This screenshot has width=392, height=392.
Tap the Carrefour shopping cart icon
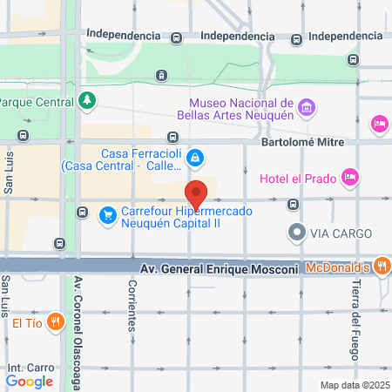click(x=108, y=214)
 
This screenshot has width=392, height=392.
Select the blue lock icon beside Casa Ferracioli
click(x=196, y=157)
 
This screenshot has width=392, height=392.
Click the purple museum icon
click(x=306, y=107)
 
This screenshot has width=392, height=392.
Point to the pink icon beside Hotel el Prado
click(x=349, y=177)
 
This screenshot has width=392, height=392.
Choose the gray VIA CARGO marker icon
click(x=297, y=233)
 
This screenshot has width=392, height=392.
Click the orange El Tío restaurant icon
click(x=55, y=322)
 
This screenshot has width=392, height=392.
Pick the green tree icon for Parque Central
click(x=86, y=103)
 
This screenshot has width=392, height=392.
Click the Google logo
click(x=29, y=381)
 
